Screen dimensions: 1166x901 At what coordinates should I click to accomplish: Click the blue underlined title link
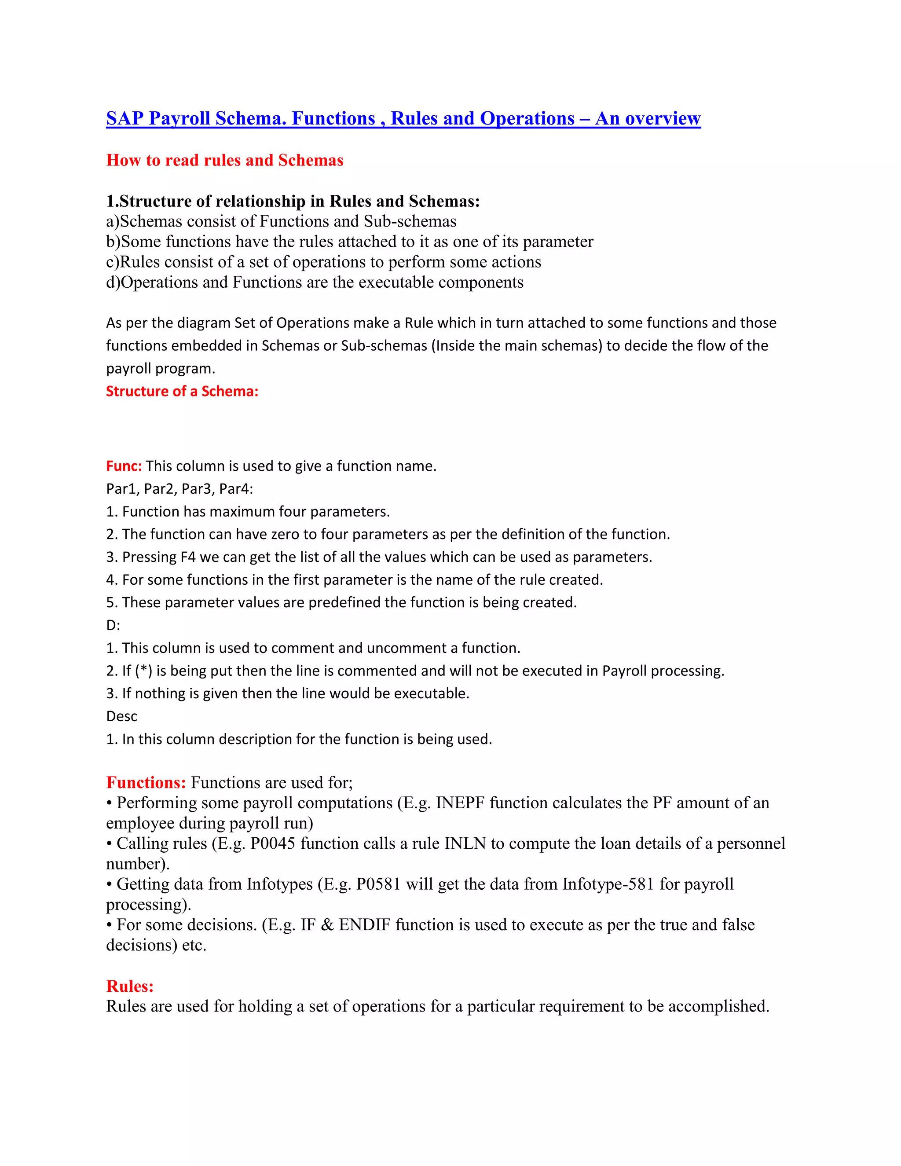403,118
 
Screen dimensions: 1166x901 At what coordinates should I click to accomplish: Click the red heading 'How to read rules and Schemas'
225,160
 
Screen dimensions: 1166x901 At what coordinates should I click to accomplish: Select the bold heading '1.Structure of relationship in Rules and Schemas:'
293,201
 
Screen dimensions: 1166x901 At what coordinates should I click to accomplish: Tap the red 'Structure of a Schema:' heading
182,391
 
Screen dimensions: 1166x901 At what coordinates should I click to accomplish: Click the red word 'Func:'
124,466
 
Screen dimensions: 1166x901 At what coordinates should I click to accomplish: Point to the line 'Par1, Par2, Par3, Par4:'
179,489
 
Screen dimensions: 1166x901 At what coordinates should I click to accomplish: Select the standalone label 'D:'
113,625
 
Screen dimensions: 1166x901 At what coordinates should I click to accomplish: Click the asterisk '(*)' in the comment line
143,671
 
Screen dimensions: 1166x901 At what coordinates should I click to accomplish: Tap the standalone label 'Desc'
122,716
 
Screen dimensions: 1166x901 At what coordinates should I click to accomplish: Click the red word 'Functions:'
146,783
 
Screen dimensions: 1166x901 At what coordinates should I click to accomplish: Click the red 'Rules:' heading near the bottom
130,986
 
